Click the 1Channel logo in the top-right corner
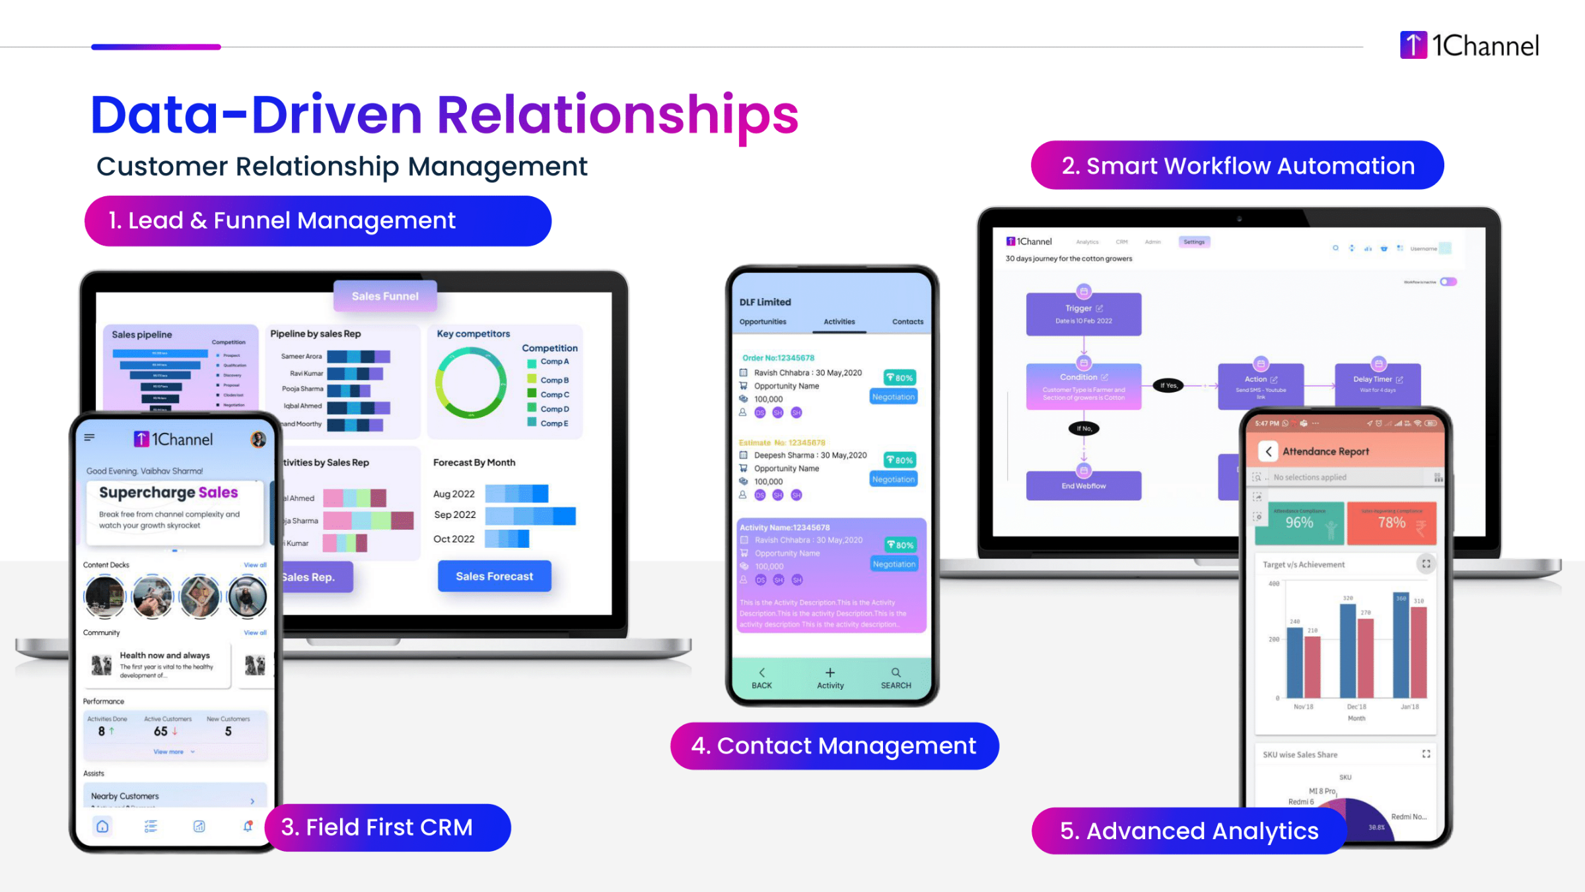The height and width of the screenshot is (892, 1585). click(1469, 46)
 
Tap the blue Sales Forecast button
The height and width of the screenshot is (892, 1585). click(494, 576)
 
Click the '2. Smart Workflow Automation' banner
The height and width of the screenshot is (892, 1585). click(1237, 166)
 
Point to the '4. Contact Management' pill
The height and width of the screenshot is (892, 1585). click(833, 746)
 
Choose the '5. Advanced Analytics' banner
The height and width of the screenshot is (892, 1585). click(1189, 831)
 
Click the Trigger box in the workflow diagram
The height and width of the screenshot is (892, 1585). click(1083, 315)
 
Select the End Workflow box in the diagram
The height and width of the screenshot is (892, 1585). click(1083, 486)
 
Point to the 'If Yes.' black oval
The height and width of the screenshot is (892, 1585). click(1168, 385)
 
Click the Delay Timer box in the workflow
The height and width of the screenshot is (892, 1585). click(1377, 384)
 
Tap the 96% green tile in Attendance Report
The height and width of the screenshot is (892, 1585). click(1299, 523)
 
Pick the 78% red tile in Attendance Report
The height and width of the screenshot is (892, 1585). click(1391, 523)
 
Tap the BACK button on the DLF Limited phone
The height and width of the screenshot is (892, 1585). click(761, 679)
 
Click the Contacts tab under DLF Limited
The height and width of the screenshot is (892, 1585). click(907, 322)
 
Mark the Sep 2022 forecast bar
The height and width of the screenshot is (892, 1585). click(530, 515)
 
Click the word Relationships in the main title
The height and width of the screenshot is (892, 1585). click(617, 115)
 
